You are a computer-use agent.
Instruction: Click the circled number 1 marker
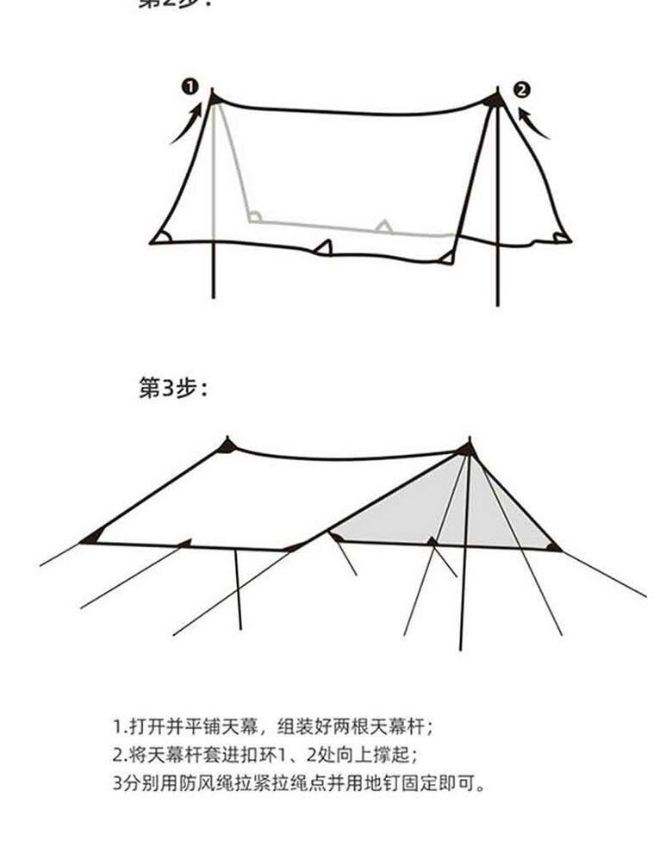[190, 86]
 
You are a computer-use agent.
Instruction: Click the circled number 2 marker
[522, 90]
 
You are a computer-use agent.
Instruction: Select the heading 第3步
[172, 389]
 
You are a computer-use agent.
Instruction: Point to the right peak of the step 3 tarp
[467, 448]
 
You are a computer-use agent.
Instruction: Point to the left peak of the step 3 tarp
[227, 445]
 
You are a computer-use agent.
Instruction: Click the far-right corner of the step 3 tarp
[554, 546]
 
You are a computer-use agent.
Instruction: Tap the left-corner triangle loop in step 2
[160, 237]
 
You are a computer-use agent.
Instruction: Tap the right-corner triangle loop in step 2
[561, 237]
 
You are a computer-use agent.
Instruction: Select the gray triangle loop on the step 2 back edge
[383, 227]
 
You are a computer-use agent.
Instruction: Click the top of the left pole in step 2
[214, 97]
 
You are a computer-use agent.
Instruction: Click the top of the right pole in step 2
[496, 98]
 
